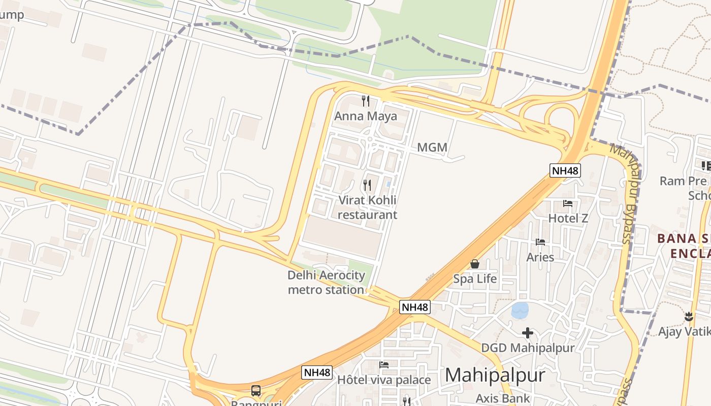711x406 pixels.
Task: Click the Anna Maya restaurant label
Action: [365, 116]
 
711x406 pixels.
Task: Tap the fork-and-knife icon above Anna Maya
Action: [365, 100]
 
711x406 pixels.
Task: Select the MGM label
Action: [432, 148]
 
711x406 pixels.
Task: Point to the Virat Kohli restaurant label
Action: [367, 207]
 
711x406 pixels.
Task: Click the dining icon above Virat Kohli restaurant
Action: [367, 185]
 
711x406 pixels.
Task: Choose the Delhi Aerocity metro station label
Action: [326, 283]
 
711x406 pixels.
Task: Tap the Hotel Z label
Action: [568, 218]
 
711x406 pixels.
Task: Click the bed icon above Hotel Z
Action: [568, 204]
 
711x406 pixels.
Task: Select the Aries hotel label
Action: [540, 257]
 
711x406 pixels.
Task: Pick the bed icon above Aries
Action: [540, 242]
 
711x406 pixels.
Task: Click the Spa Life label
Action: [475, 279]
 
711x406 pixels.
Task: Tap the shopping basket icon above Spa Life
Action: [475, 264]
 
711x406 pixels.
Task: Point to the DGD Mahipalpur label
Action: [528, 348]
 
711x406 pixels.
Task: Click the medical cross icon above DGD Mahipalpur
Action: [528, 333]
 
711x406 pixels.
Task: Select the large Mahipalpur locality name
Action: [495, 376]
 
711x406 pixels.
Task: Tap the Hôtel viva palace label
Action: [384, 380]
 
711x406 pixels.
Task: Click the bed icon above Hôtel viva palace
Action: [384, 365]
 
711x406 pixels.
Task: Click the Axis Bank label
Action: [502, 398]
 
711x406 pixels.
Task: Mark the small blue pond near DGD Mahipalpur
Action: [520, 310]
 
